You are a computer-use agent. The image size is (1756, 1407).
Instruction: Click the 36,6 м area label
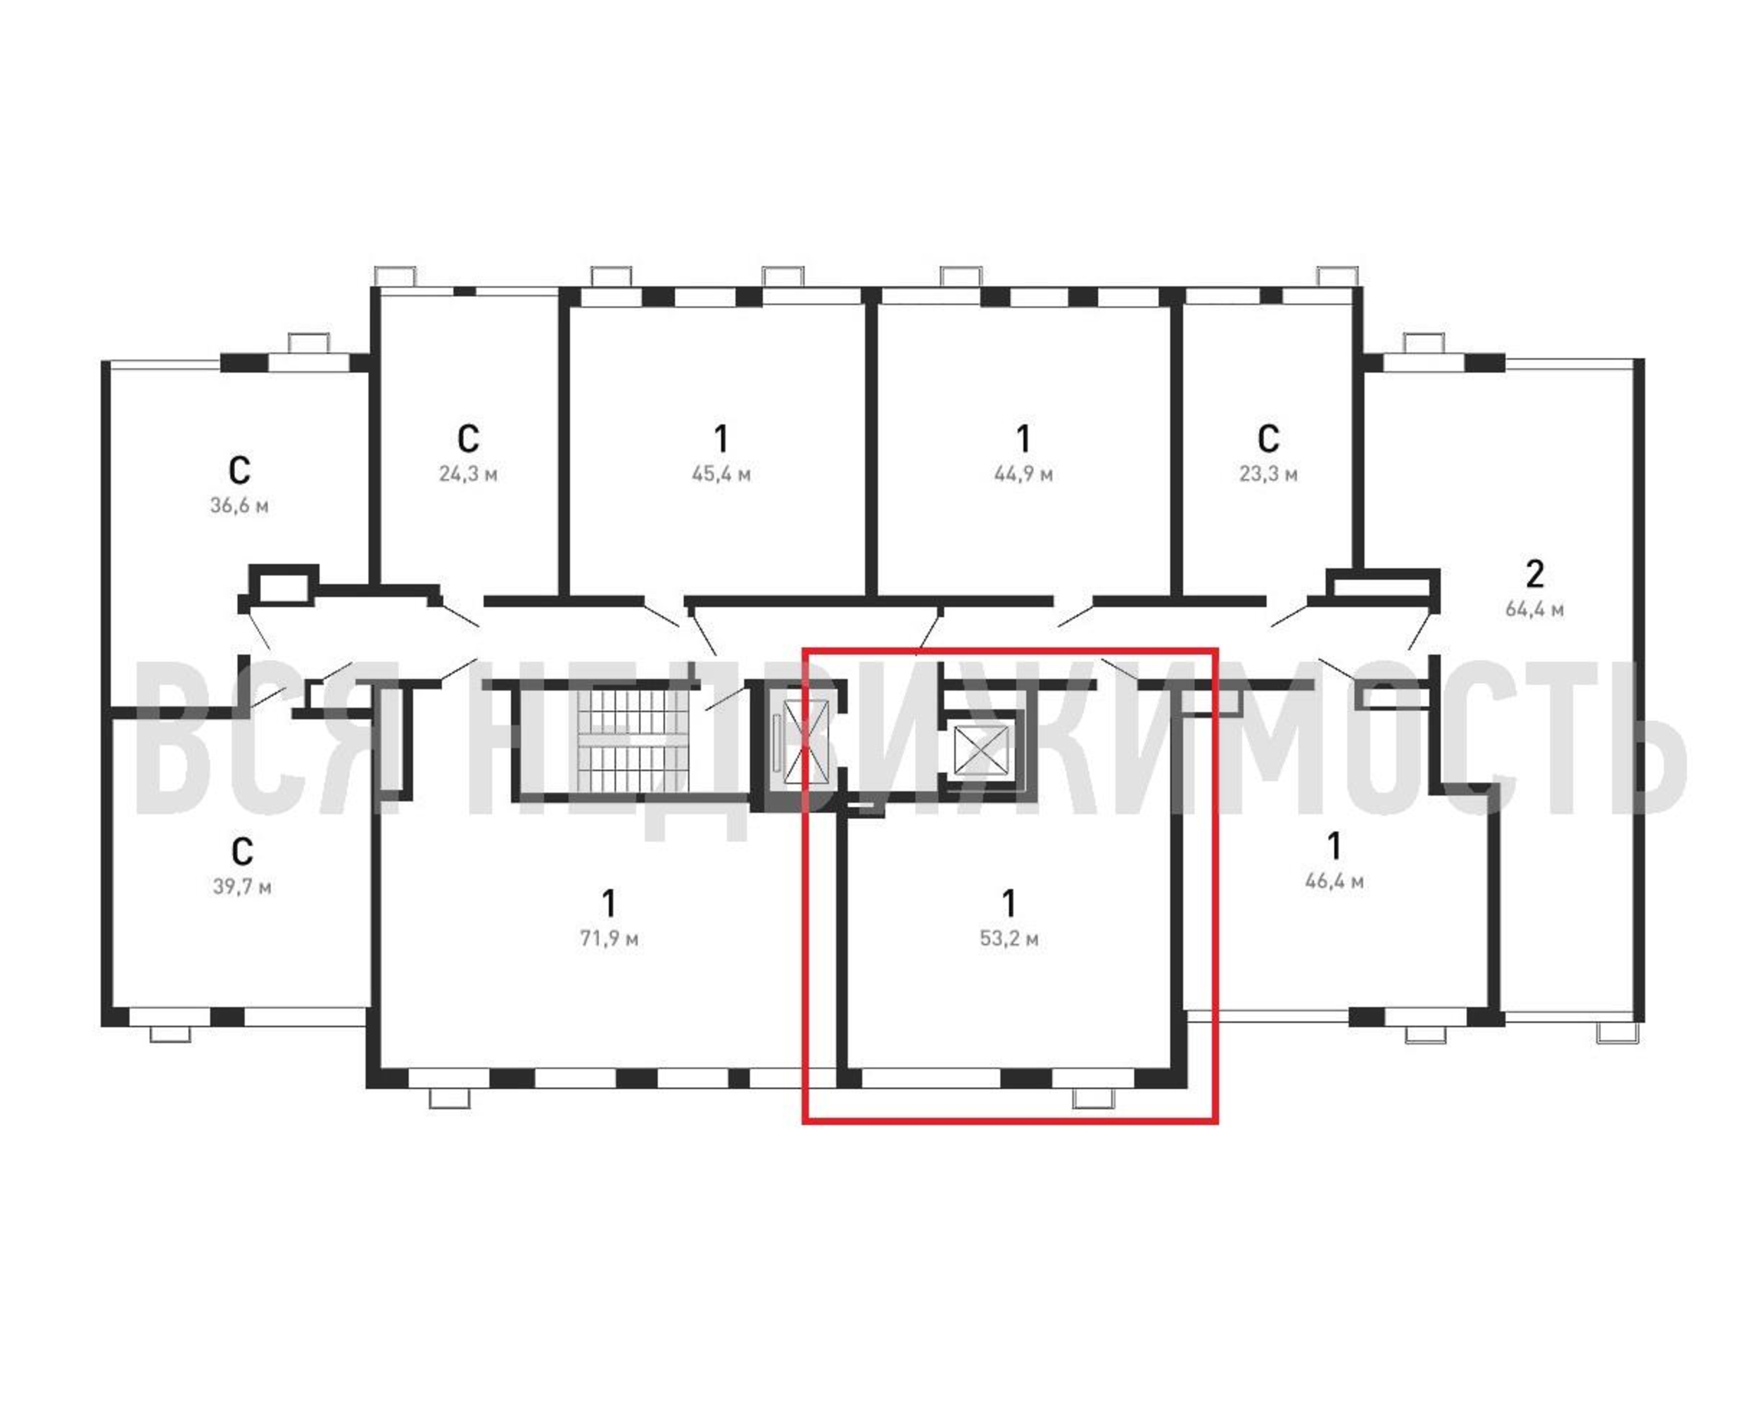click(x=239, y=506)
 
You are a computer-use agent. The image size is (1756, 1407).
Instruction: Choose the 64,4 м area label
click(x=1534, y=609)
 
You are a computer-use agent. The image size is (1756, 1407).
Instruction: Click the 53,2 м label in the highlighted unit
click(x=1009, y=938)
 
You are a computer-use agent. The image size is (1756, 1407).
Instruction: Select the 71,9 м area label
click(x=609, y=938)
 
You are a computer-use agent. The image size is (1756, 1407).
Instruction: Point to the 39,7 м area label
click(x=242, y=886)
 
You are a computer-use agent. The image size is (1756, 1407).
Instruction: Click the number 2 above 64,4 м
click(x=1534, y=574)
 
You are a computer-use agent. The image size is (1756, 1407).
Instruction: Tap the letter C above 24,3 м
click(x=468, y=439)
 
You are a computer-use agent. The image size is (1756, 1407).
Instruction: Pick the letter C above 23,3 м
click(x=1268, y=439)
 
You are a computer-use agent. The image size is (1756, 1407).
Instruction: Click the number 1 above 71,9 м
click(x=608, y=903)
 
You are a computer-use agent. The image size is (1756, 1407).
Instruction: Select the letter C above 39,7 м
click(x=242, y=852)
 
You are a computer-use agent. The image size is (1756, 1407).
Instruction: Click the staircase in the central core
click(x=632, y=740)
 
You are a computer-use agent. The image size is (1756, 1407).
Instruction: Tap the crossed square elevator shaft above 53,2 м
click(x=980, y=747)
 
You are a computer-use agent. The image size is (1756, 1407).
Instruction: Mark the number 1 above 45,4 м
click(x=721, y=439)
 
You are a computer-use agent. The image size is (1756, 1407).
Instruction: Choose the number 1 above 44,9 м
click(x=1023, y=439)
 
